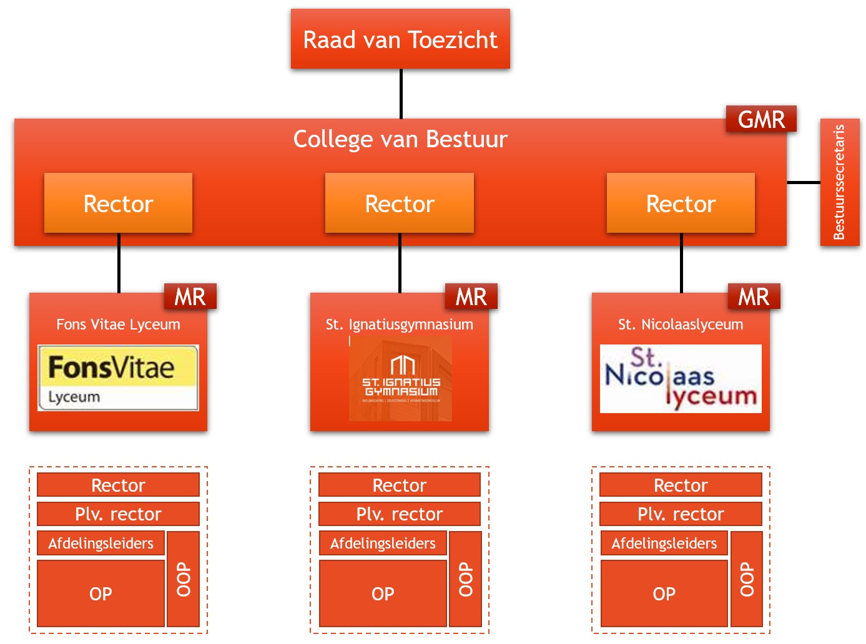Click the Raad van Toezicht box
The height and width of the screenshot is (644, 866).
point(400,39)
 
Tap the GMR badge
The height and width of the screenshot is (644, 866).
point(761,119)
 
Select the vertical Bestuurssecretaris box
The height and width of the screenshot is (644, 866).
point(839,182)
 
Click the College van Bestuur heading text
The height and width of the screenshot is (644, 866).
point(400,139)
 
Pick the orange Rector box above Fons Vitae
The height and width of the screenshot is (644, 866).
point(118,203)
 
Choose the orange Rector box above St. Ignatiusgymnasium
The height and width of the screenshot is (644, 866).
point(400,203)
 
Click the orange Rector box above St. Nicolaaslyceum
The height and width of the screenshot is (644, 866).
point(681,203)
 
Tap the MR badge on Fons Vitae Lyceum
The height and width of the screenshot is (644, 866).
point(190,296)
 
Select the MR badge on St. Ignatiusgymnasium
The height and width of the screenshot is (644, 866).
point(471,296)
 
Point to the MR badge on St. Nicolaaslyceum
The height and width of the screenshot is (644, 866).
point(754,296)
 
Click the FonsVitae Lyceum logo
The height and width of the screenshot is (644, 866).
point(118,378)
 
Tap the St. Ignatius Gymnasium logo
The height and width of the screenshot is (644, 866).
point(401,379)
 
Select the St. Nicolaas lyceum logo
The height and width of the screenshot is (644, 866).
point(681,379)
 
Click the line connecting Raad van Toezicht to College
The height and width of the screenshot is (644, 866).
point(401,94)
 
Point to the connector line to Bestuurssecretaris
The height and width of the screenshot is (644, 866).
point(804,183)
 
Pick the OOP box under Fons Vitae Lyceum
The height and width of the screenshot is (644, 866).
point(184,578)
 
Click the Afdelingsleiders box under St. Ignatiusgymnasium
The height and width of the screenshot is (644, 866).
point(383,543)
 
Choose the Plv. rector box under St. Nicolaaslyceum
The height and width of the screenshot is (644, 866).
point(681,514)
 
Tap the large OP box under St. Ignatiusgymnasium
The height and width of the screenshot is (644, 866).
point(383,593)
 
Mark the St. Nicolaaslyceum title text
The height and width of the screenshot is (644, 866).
point(681,324)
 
